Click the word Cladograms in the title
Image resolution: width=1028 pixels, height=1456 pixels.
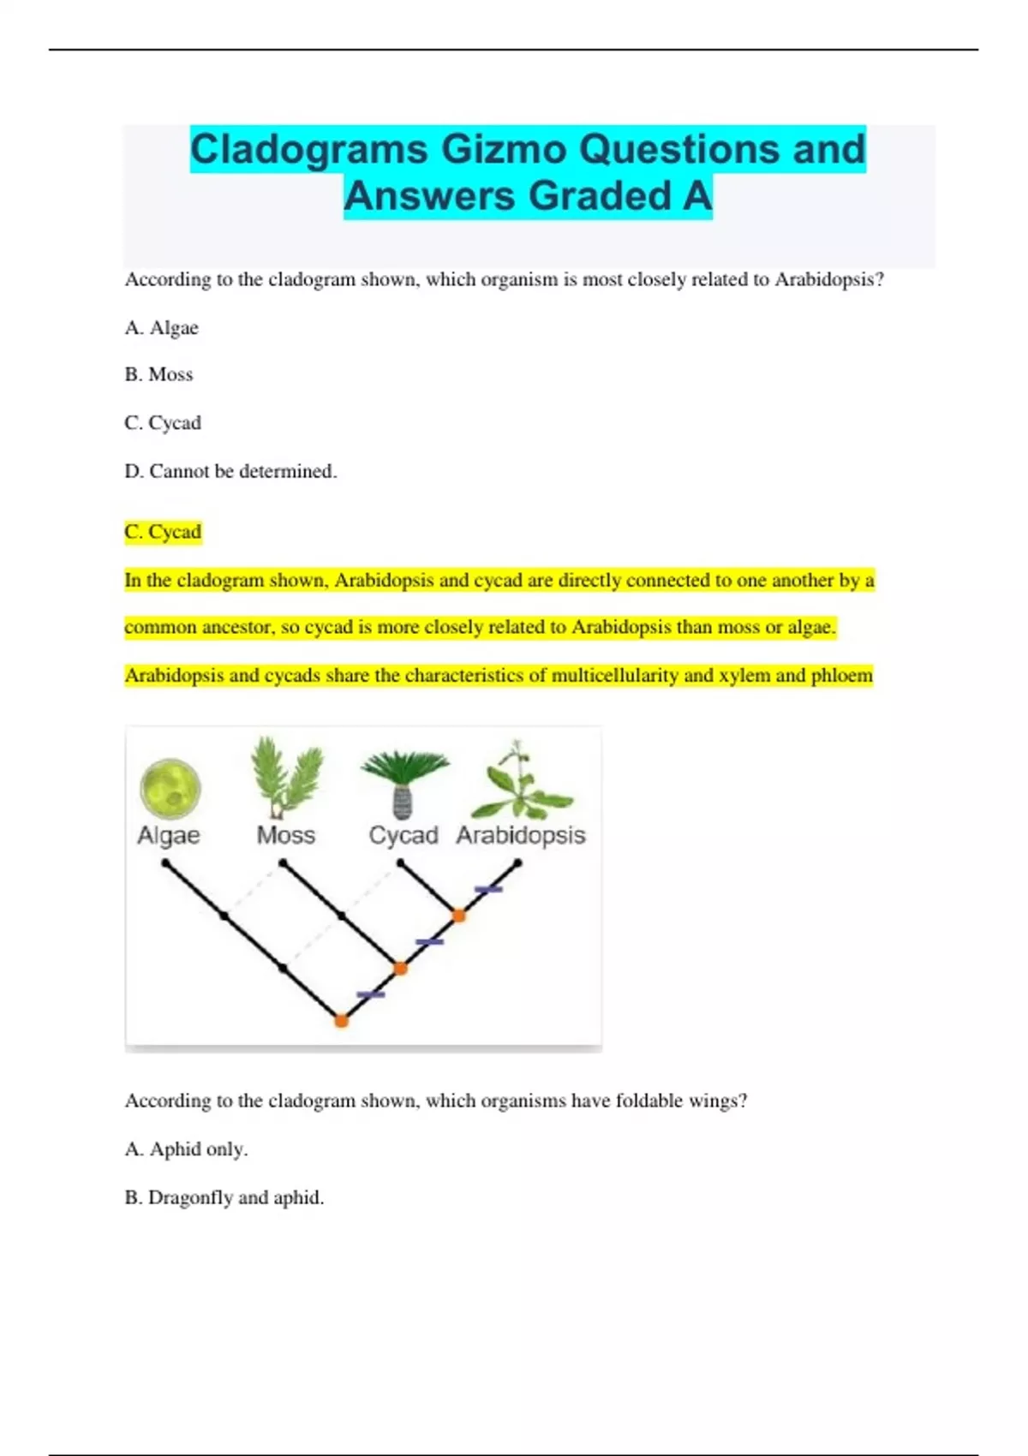coord(308,149)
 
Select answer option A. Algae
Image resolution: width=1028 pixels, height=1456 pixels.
coord(161,327)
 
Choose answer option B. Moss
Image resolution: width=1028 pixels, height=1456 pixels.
coord(158,374)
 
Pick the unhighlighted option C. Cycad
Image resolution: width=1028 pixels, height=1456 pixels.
coord(163,422)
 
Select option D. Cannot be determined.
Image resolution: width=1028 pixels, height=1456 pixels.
coord(230,471)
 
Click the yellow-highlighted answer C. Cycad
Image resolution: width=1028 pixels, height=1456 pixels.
coord(163,532)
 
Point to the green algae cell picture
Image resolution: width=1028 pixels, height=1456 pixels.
coord(170,787)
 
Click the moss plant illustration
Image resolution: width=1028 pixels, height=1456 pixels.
coord(285,776)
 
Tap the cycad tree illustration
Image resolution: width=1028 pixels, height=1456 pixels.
coord(403,781)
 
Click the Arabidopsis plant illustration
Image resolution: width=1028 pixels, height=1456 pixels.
coord(519,781)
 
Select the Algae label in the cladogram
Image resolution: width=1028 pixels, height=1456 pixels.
coord(169,835)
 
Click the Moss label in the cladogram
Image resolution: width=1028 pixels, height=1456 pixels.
coord(286,835)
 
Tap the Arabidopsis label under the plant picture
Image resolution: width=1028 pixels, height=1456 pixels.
coord(520,835)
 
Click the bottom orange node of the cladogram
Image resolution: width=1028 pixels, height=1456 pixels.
coord(341,1021)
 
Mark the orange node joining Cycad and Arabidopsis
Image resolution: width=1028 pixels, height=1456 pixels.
coord(459,916)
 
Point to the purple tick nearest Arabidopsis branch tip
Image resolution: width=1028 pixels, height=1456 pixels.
coord(488,889)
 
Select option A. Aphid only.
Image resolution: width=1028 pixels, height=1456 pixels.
coord(186,1149)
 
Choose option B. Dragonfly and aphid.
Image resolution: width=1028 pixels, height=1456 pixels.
coord(224,1197)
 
